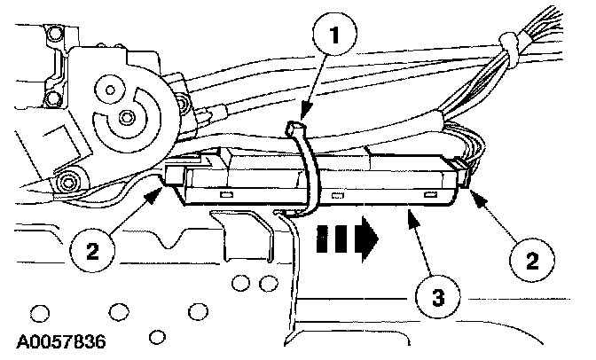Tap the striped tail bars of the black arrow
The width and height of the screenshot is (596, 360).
click(x=333, y=238)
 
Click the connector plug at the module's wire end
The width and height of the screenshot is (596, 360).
click(x=461, y=177)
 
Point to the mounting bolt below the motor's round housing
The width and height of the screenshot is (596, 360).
click(x=67, y=184)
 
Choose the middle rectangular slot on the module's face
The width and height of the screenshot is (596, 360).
click(x=337, y=195)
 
